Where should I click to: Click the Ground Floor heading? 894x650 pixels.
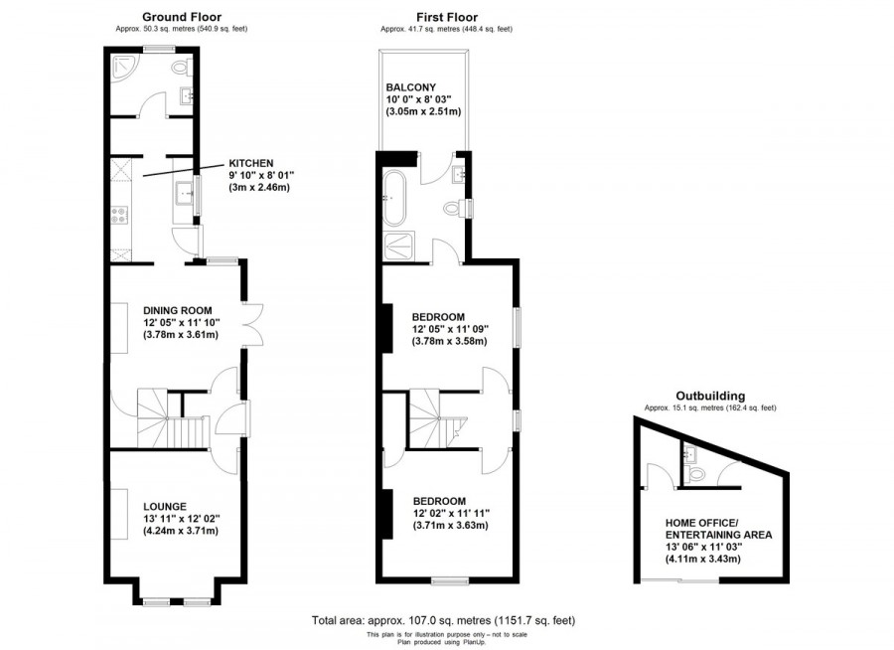182,17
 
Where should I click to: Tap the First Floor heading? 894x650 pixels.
447,17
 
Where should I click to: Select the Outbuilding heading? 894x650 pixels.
710,396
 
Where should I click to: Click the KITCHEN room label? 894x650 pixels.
251,163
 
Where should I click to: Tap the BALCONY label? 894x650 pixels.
411,87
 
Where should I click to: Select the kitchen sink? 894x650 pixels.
184,192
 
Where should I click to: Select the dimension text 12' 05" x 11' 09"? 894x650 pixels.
449,329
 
